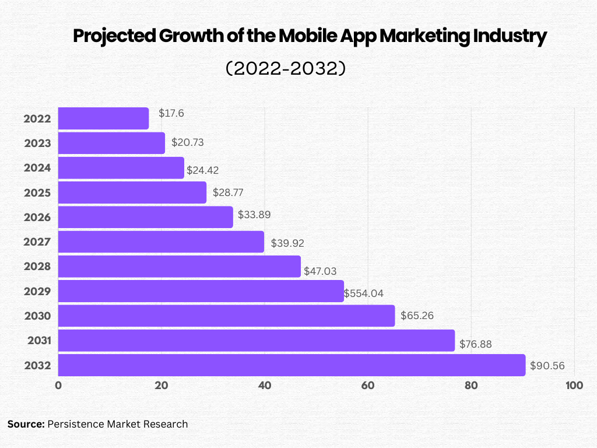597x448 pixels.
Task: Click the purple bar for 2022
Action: (104, 118)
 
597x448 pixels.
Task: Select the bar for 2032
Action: (292, 365)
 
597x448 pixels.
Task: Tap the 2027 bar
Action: (161, 242)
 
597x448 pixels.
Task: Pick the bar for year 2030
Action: (226, 316)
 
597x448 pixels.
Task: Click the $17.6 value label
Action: (171, 113)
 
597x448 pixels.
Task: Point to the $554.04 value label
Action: (364, 293)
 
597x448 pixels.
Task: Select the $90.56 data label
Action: (547, 366)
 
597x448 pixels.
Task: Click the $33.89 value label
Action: (254, 215)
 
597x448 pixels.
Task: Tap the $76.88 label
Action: (476, 344)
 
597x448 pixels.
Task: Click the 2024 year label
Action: (38, 168)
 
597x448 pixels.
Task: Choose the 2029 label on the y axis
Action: (38, 291)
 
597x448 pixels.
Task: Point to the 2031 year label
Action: (39, 341)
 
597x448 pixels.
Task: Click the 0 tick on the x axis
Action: (58, 386)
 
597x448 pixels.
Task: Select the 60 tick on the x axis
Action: (368, 386)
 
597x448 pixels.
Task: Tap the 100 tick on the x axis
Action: (574, 386)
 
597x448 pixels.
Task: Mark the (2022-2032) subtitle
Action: (286, 69)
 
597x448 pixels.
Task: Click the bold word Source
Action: (26, 424)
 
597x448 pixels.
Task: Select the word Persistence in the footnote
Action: (76, 424)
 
